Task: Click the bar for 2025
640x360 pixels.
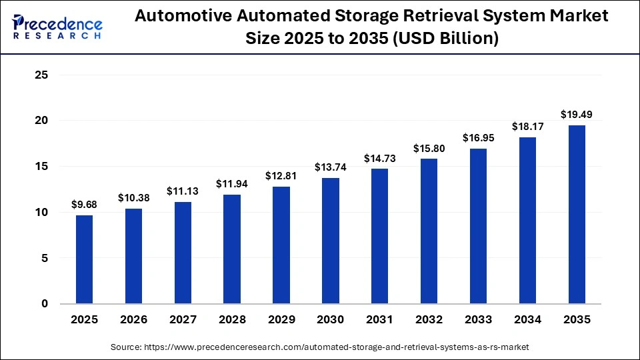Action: click(x=84, y=259)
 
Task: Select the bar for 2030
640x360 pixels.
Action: click(x=331, y=241)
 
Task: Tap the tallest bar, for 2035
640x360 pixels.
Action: click(x=577, y=214)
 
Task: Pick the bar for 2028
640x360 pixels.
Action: click(x=232, y=249)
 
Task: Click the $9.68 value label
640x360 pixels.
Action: click(x=84, y=205)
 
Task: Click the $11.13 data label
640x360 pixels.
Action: click(x=183, y=192)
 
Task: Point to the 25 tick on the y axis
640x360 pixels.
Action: click(x=41, y=75)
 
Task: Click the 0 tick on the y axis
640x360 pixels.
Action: click(x=45, y=304)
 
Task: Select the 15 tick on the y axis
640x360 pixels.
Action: click(x=41, y=167)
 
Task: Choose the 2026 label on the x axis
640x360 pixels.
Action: click(x=133, y=320)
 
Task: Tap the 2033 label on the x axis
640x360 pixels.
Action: click(x=479, y=320)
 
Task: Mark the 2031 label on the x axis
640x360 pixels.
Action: click(x=380, y=320)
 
